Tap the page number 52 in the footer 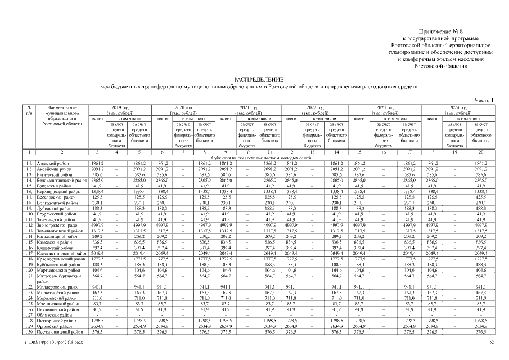pos(492,343)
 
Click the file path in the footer pos(52,343)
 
